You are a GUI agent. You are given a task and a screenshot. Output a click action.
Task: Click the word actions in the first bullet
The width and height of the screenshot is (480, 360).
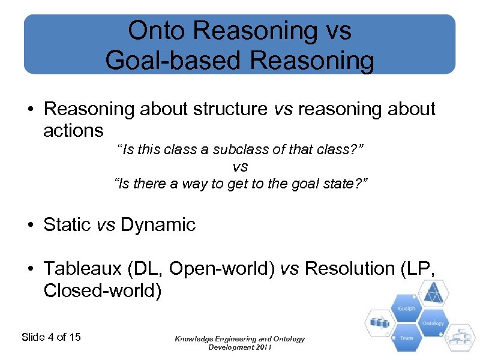tap(73, 130)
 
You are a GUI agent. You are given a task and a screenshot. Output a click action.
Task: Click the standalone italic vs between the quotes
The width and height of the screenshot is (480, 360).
tap(240, 166)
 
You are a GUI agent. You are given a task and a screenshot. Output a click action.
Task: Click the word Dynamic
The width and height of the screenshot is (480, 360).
tap(158, 225)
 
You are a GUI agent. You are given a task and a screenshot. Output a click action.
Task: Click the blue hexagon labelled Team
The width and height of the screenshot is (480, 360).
tap(406, 337)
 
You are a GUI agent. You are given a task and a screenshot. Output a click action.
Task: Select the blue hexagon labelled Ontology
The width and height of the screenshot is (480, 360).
tap(433, 323)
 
